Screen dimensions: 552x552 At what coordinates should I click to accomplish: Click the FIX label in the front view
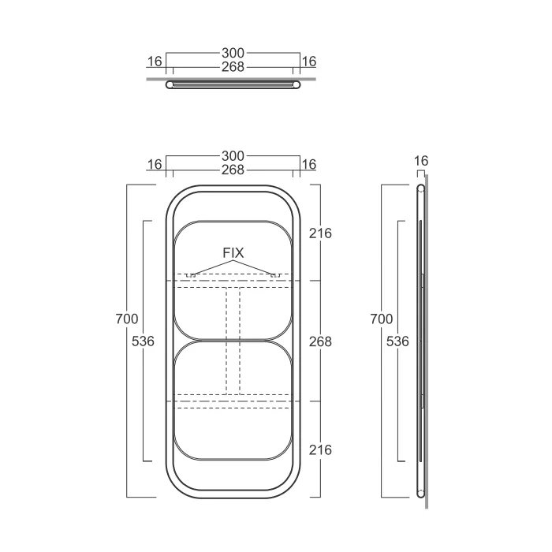233,253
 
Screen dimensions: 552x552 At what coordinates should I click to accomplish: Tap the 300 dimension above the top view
233,53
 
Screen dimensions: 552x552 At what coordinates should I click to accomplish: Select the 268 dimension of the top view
233,67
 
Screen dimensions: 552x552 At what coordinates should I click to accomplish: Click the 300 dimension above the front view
233,156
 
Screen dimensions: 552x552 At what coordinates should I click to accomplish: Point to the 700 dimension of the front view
127,319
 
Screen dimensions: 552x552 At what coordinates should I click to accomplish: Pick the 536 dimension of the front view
143,341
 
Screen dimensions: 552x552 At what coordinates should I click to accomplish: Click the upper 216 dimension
320,233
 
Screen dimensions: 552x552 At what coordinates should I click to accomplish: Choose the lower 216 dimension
320,450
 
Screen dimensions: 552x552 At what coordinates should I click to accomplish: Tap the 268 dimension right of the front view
320,341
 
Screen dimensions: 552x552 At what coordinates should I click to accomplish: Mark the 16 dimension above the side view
421,161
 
